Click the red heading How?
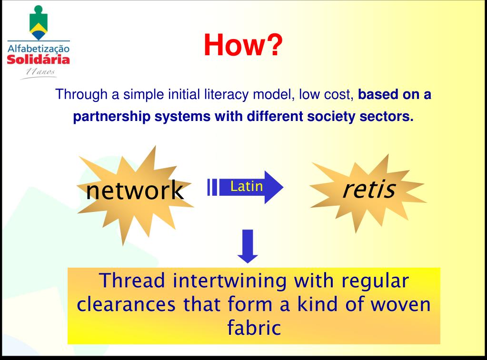point(243,45)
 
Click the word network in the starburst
point(135,190)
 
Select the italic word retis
point(368,189)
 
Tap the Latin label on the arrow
point(246,187)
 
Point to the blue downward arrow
point(248,246)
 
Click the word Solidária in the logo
point(39,60)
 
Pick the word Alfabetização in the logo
point(39,49)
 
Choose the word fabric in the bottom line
point(252,328)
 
